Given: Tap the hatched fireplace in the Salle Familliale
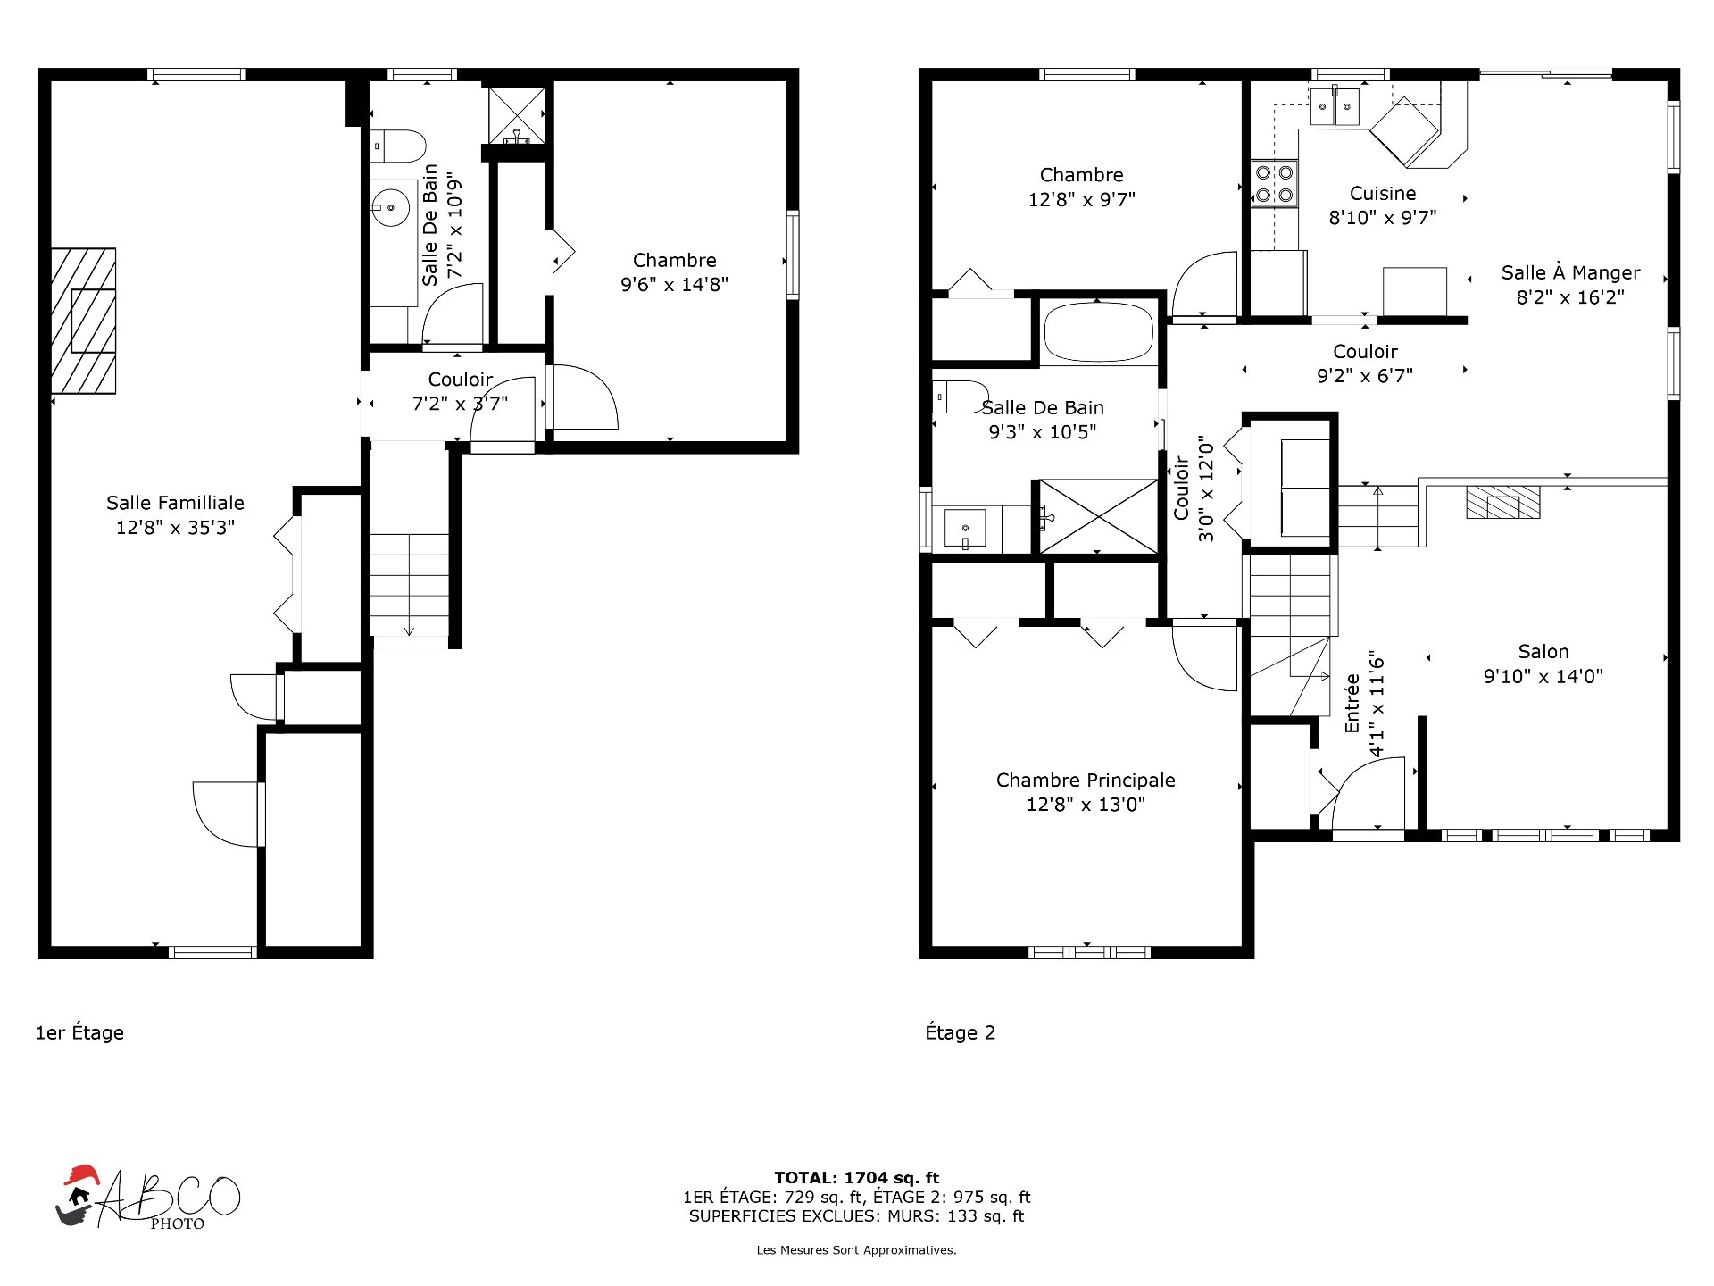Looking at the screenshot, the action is [x=83, y=321].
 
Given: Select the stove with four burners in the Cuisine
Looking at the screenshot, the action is [x=1274, y=183].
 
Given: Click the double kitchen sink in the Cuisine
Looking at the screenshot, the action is [x=1335, y=106].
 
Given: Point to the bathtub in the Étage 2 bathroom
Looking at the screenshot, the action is [x=1099, y=331].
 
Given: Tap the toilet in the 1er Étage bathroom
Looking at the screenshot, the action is [x=398, y=146].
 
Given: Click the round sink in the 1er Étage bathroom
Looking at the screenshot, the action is [x=390, y=208].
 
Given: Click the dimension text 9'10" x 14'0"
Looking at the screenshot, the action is [x=1543, y=676].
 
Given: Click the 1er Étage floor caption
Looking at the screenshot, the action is [x=79, y=1032].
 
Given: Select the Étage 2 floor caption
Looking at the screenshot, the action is [x=960, y=1032].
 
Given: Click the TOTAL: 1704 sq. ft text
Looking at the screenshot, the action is [x=857, y=1178].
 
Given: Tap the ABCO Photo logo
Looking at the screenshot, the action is [x=147, y=1198].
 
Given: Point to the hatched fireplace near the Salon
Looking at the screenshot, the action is [x=1503, y=502].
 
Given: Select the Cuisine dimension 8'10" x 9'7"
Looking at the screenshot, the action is [x=1383, y=217].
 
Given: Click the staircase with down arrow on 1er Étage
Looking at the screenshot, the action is [x=409, y=585].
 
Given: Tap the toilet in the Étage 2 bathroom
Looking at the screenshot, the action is [x=961, y=397].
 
